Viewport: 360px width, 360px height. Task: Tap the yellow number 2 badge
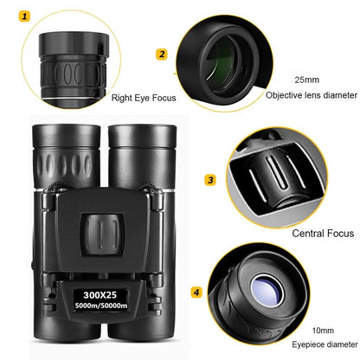(161, 55)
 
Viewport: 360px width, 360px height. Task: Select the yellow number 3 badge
(209, 180)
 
